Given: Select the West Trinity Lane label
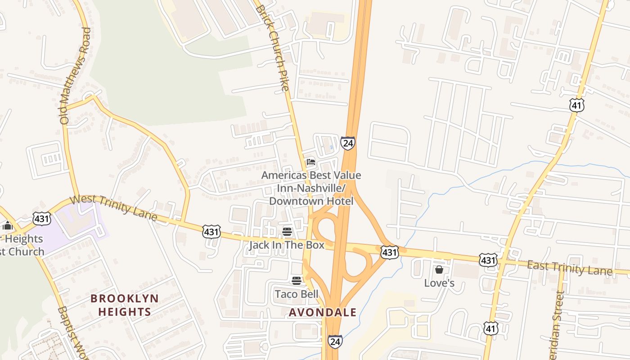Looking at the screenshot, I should (114, 207).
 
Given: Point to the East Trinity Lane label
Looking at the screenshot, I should (569, 268).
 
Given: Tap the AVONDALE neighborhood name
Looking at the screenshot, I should (323, 312).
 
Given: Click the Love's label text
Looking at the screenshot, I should (439, 283).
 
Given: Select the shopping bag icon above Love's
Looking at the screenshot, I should (439, 270).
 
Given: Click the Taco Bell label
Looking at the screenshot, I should (297, 294).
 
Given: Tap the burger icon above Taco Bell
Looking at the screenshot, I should (296, 281).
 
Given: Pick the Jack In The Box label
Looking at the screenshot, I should (287, 245).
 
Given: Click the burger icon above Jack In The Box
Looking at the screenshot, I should (287, 232).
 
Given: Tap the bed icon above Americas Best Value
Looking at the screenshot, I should (310, 162).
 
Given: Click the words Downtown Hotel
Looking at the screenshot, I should (311, 201).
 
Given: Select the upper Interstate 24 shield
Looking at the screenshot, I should (347, 143).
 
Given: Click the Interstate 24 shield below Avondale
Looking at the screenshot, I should (334, 341).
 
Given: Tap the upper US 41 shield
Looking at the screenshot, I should (576, 105).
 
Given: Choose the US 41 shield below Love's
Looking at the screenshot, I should (491, 328).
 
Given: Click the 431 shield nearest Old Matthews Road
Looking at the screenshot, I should (42, 219).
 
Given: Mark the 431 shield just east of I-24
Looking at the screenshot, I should (389, 252).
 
